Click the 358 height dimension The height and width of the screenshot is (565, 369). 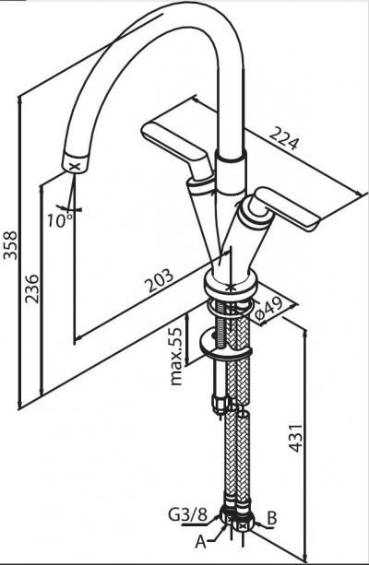[10, 245]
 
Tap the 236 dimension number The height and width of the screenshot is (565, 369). [31, 288]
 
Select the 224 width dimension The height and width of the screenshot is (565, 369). [285, 139]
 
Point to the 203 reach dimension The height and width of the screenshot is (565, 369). [159, 280]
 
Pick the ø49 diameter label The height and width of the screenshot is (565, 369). [269, 310]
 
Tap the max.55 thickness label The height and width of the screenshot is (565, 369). [176, 356]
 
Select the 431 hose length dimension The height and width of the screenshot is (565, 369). [296, 438]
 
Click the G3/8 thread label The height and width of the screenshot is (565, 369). [188, 515]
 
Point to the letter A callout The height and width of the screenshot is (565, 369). [200, 541]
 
